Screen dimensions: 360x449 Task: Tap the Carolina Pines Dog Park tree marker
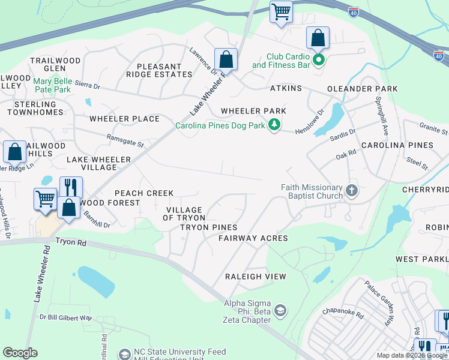(275, 125)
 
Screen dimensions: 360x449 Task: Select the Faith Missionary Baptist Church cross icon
(352, 192)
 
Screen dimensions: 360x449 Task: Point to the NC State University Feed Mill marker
(124, 355)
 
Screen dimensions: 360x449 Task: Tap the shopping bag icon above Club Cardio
(318, 38)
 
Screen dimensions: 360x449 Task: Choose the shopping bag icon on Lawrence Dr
(226, 60)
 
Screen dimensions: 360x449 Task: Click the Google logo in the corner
(20, 353)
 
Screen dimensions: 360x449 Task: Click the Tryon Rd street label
(71, 242)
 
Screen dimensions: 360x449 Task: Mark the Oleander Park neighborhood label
(362, 89)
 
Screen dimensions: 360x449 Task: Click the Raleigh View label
(255, 276)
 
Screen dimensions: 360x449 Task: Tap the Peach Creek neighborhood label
(143, 193)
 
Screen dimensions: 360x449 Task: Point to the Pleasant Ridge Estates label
(159, 70)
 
